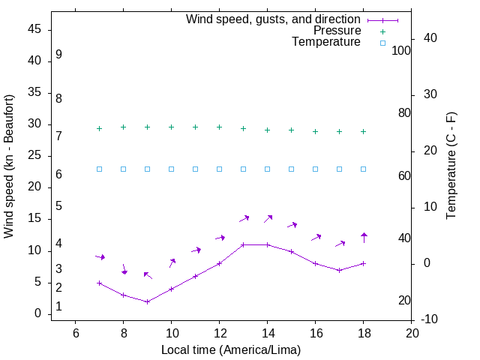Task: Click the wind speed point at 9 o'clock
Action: coord(148,301)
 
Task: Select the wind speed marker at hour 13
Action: coord(244,244)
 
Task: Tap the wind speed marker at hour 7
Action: coord(100,283)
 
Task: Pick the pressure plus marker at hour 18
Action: coord(364,131)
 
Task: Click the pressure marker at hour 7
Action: coord(100,128)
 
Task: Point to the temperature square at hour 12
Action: coord(220,169)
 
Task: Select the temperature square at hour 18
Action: coord(364,169)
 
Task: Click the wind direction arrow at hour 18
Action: coord(364,238)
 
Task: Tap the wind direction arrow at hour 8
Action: coord(124,268)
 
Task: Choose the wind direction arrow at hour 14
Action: coord(268,219)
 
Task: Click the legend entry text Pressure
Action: coord(337,31)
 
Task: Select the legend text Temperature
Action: coord(326,43)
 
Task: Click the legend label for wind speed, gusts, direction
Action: coord(273,19)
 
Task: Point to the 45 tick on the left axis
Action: coord(34,30)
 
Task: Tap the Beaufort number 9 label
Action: coord(58,55)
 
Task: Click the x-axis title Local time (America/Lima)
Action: coord(231,349)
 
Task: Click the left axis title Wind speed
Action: coord(9,166)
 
